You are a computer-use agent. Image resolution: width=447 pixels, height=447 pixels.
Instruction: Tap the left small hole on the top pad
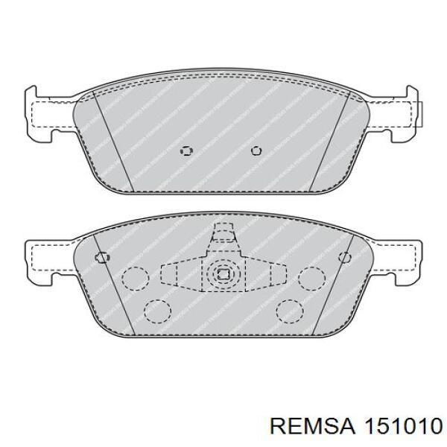pyautogui.click(x=186, y=150)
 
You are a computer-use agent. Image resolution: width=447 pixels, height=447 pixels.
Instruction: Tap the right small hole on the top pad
pyautogui.click(x=256, y=150)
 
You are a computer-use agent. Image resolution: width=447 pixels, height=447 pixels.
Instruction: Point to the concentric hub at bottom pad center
pyautogui.click(x=221, y=275)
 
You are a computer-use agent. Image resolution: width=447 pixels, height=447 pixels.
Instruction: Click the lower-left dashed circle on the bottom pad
pyautogui.click(x=156, y=309)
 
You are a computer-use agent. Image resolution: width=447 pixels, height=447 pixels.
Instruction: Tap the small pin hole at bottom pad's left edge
pyautogui.click(x=101, y=257)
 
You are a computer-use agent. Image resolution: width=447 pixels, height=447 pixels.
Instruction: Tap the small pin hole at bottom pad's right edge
pyautogui.click(x=343, y=257)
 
